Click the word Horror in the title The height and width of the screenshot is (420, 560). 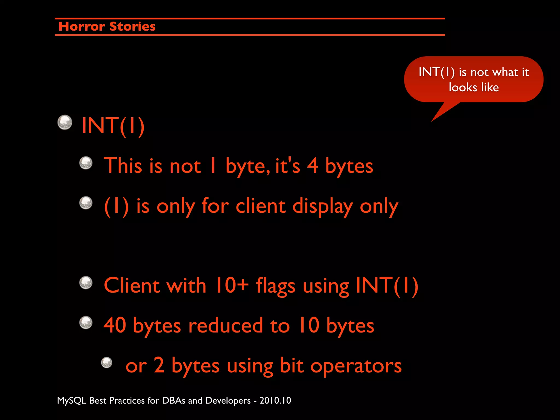coord(81,27)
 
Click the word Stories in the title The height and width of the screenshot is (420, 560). coord(132,27)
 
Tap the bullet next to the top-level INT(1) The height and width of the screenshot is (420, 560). coord(65,122)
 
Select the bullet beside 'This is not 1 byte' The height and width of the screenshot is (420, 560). coord(86,163)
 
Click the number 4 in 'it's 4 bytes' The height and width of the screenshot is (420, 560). coord(313,165)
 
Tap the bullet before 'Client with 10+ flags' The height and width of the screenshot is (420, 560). coord(86,283)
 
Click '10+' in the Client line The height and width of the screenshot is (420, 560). coord(232,285)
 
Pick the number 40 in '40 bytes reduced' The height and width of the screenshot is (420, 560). coord(115,325)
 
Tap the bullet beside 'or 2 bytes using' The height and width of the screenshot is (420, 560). coord(107,363)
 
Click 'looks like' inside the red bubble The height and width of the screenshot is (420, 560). coord(474,87)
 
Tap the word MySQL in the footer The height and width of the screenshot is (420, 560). coord(72,401)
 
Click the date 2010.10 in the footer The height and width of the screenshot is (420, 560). coord(275,401)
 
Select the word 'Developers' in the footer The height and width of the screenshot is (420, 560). coord(227,401)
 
